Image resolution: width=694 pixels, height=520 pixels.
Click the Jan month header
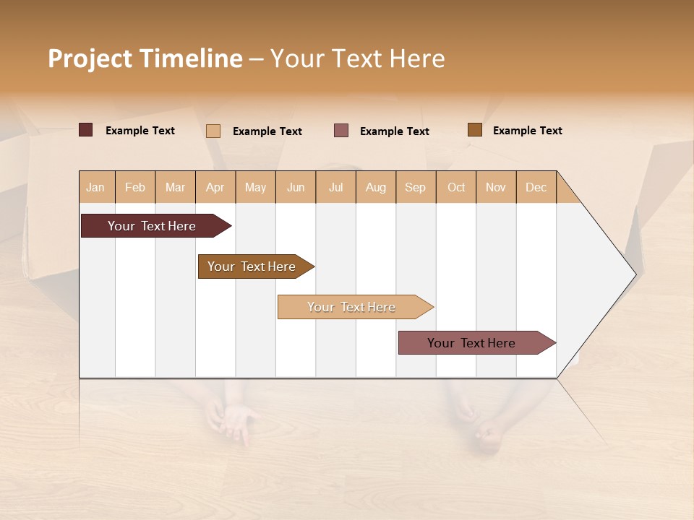[x=96, y=187]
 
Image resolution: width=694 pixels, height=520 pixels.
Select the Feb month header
[x=135, y=187]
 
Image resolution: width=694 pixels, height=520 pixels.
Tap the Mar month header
[x=175, y=187]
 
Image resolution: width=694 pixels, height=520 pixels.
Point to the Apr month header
[x=215, y=187]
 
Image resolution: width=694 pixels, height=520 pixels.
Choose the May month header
[x=255, y=187]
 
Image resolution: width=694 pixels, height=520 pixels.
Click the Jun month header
[x=296, y=187]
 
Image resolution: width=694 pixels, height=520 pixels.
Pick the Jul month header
[x=335, y=187]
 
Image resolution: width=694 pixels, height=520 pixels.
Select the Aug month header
[x=376, y=187]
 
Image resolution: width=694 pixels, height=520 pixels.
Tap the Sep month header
[x=416, y=187]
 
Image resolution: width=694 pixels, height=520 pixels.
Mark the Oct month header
[x=456, y=187]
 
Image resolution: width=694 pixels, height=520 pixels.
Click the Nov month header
[x=496, y=187]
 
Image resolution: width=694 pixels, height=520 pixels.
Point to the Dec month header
[x=536, y=187]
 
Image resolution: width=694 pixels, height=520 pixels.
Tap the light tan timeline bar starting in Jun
[x=352, y=307]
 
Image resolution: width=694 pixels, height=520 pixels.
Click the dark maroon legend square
[x=86, y=130]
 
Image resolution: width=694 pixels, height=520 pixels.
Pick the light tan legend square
[x=213, y=131]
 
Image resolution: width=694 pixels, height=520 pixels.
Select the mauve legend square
[x=341, y=131]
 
